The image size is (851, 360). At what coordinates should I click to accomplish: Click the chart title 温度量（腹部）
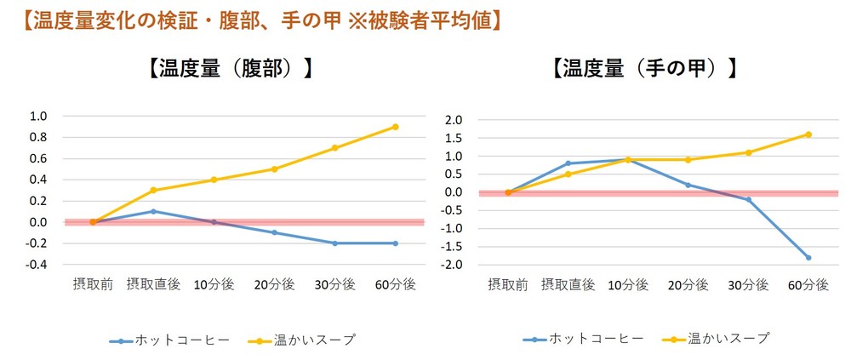tap(227, 69)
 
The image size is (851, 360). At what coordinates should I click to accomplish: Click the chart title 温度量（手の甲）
tap(643, 69)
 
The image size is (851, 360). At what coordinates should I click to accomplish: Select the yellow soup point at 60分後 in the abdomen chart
tap(395, 127)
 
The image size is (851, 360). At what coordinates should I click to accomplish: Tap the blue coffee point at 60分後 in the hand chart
tap(808, 257)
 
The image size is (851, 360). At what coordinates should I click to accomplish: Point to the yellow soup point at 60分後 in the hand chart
tap(808, 134)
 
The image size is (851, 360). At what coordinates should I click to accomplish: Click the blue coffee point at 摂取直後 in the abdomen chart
tap(153, 211)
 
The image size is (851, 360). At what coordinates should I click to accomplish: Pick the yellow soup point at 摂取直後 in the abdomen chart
tap(153, 190)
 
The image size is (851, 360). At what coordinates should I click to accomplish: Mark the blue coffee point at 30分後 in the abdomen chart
tap(334, 243)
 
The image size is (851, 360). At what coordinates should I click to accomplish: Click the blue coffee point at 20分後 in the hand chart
tap(688, 185)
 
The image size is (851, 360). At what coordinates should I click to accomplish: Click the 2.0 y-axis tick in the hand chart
tap(453, 120)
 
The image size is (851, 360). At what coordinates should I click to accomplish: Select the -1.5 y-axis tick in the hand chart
tap(451, 247)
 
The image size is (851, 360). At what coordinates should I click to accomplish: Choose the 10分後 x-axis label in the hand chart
tap(627, 285)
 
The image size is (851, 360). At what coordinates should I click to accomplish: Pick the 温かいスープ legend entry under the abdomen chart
tap(302, 340)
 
